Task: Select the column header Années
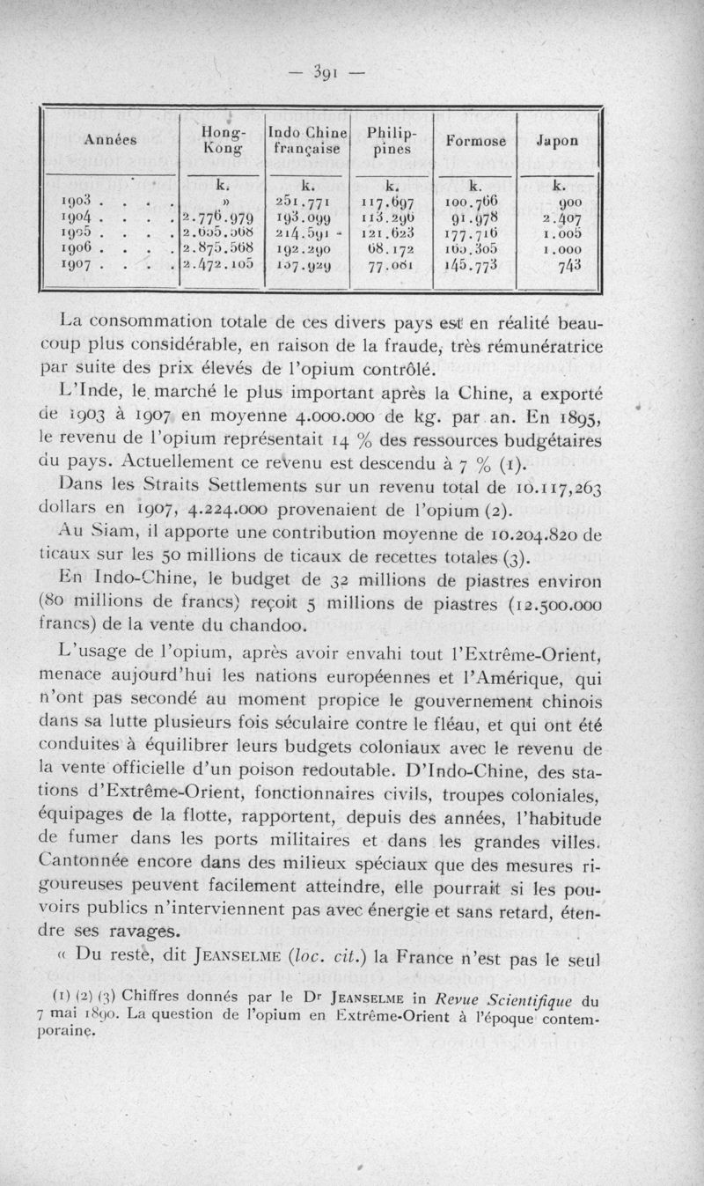pyautogui.click(x=105, y=140)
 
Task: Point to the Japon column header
pyautogui.click(x=558, y=140)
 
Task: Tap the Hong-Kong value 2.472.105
pyautogui.click(x=218, y=263)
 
